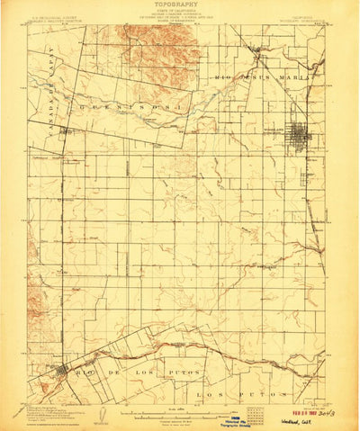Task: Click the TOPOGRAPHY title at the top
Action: coord(181,4)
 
